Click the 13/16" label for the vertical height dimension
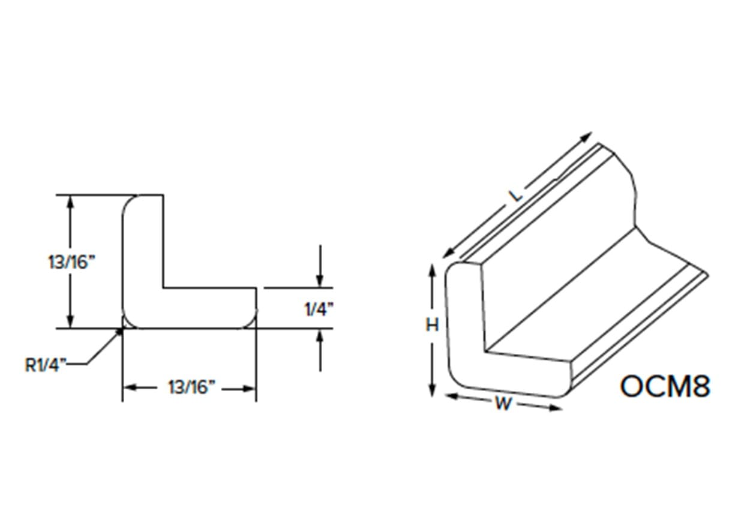point(71,262)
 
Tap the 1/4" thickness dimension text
point(319,309)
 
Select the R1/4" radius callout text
point(46,364)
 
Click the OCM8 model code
point(665,386)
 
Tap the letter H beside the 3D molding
point(432,325)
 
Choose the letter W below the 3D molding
point(503,404)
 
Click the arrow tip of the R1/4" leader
point(121,330)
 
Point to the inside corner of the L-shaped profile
point(163,288)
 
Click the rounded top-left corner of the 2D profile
point(128,202)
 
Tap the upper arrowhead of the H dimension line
point(431,270)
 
